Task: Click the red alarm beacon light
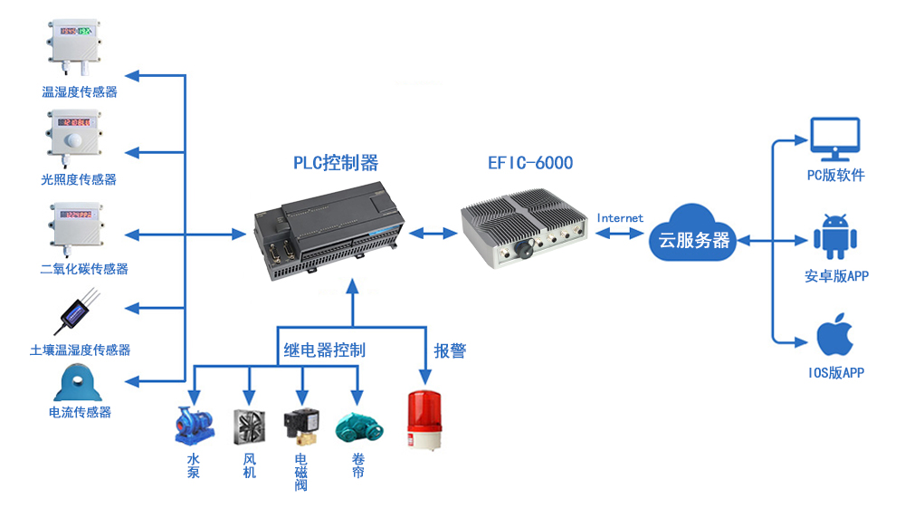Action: coord(424,420)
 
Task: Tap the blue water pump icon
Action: coord(194,427)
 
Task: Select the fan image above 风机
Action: coord(249,427)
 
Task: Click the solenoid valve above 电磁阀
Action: coord(300,427)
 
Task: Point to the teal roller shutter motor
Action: coord(359,427)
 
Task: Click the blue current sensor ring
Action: coord(78,382)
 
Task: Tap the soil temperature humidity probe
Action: coord(76,312)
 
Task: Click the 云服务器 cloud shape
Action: coord(692,234)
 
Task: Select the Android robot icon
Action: coord(835,237)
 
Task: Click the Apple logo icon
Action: coord(835,334)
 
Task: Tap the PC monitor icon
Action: coord(835,139)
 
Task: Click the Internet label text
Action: coord(620,218)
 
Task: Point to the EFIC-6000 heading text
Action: coord(530,163)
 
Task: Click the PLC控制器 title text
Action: coord(336,163)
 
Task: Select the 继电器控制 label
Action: coord(324,350)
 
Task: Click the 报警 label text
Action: coord(450,350)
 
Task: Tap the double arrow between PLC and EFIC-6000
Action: coord(433,234)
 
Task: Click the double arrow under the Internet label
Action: coord(620,234)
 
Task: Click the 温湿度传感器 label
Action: coord(80,91)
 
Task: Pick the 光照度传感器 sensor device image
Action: coord(74,137)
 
